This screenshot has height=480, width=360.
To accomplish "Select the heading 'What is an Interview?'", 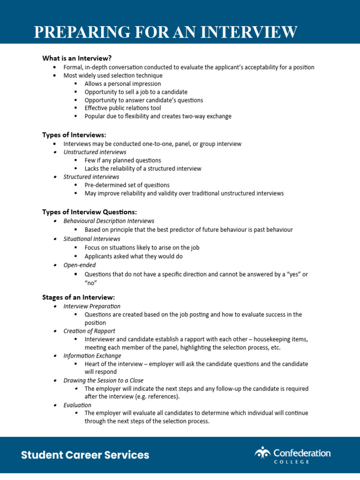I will point(77,58).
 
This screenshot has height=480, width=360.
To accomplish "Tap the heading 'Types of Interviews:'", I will point(74,135).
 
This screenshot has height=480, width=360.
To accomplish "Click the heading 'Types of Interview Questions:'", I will point(90,212).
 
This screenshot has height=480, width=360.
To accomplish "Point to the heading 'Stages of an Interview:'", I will point(78,297).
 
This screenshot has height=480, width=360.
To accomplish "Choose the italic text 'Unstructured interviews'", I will point(95,152).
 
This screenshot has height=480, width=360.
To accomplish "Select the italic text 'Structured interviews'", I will point(91,177).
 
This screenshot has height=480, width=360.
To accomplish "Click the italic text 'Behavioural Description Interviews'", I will point(109,221).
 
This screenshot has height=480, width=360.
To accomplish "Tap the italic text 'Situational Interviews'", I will point(92,239).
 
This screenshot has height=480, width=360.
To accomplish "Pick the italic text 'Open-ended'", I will point(80,265).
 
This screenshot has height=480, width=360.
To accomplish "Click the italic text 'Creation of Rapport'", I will point(90,331).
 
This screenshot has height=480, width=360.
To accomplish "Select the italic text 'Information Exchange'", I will point(92,356).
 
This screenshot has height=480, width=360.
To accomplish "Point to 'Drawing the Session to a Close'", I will point(104,381).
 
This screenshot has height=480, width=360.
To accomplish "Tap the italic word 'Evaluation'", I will point(77,405).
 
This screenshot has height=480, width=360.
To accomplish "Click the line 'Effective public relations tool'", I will point(123,108).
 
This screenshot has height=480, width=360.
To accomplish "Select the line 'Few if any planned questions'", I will point(123,160).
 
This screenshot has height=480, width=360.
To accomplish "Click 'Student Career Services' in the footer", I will point(85,455).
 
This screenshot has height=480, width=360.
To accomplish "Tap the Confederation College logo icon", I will point(263,453).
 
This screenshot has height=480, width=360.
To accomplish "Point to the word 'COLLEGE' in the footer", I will point(292,462).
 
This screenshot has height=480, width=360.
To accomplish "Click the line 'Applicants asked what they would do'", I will point(134,256).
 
